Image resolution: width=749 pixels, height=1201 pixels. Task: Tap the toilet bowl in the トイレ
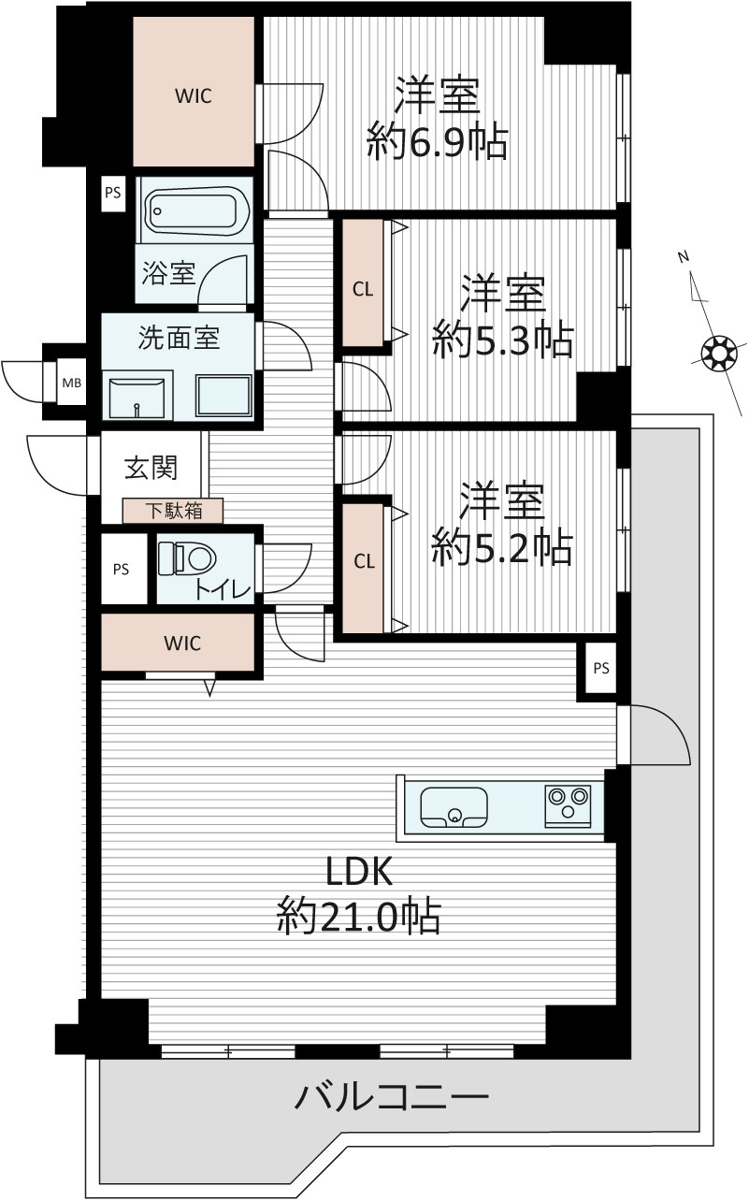tap(188, 558)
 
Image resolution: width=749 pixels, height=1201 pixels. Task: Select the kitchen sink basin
tap(454, 807)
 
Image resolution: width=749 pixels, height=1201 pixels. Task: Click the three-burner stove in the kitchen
tap(568, 804)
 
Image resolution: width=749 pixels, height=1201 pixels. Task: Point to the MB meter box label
tap(72, 383)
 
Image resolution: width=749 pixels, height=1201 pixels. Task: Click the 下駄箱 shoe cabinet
tap(173, 511)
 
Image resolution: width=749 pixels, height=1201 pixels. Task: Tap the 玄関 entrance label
tap(151, 468)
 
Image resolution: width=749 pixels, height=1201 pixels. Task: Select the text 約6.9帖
tap(437, 141)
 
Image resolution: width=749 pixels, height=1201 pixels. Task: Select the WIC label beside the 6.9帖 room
tap(194, 96)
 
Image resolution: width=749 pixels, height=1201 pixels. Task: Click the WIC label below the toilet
tap(182, 643)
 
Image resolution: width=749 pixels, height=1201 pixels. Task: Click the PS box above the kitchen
tap(600, 668)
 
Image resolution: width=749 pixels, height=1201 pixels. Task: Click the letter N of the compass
tap(683, 257)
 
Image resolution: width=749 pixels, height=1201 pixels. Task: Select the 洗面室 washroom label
tap(179, 338)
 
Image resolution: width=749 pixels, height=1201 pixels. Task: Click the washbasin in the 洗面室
tap(137, 397)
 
